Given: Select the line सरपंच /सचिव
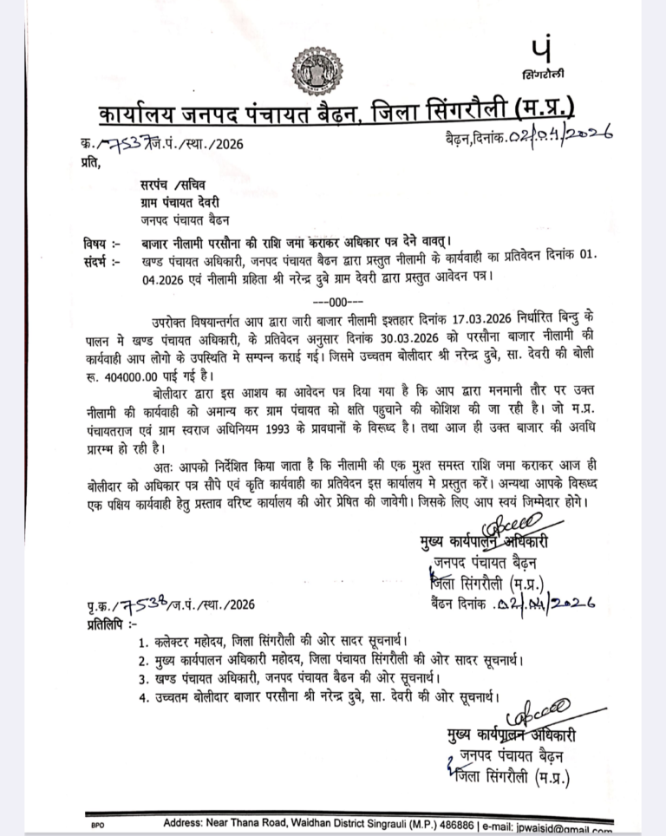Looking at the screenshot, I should [170, 185].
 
